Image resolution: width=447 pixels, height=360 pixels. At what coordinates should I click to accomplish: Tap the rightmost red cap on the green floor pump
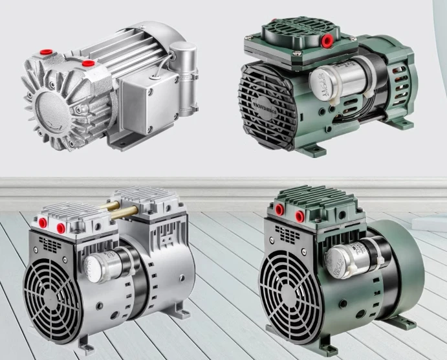coord(299,213)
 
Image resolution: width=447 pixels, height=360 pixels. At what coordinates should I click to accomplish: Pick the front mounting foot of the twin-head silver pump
coord(84,341)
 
